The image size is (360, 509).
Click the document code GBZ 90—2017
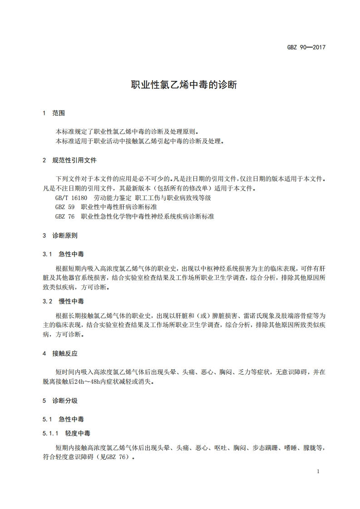click(x=306, y=47)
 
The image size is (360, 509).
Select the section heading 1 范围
click(x=54, y=113)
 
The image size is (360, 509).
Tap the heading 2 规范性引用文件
click(x=69, y=160)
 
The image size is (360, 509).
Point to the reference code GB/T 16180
click(x=71, y=198)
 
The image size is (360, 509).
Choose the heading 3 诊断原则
click(x=60, y=235)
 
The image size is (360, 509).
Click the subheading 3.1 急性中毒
click(x=63, y=254)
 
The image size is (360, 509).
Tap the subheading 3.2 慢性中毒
click(x=63, y=301)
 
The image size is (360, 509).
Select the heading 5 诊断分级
click(x=60, y=401)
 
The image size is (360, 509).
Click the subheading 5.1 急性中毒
click(x=63, y=419)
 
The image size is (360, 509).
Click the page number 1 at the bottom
click(x=318, y=471)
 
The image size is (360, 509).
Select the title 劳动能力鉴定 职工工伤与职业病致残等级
click(x=153, y=198)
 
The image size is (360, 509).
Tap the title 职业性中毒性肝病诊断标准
click(x=119, y=207)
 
